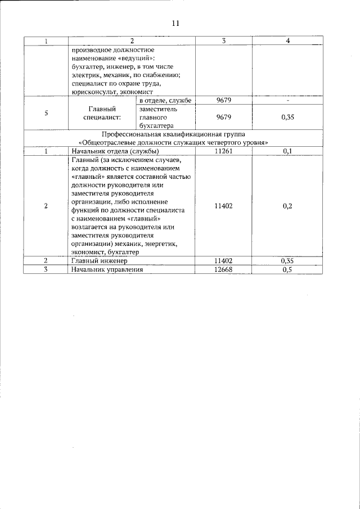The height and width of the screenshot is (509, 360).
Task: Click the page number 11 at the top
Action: (175, 23)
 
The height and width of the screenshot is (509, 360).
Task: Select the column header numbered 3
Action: (223, 41)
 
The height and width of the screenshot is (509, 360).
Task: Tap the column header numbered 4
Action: (287, 41)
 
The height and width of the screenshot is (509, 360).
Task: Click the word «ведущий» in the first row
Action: (134, 58)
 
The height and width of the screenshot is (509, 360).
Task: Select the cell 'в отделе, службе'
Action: (166, 100)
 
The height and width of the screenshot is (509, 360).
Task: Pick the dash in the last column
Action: (287, 100)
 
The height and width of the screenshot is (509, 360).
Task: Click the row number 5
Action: (45, 113)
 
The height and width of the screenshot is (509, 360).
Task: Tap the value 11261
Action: (223, 151)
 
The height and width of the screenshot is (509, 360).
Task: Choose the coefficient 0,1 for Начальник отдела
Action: (287, 151)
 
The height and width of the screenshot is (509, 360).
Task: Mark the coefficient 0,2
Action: (287, 206)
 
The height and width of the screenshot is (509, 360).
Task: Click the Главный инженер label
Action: (100, 261)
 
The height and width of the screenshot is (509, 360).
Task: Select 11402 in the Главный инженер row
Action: (223, 261)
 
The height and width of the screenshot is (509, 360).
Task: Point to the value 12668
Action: (223, 269)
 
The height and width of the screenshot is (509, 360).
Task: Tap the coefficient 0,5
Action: (287, 269)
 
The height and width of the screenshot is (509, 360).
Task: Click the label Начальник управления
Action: (107, 269)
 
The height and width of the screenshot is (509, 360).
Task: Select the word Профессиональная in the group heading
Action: (129, 134)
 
